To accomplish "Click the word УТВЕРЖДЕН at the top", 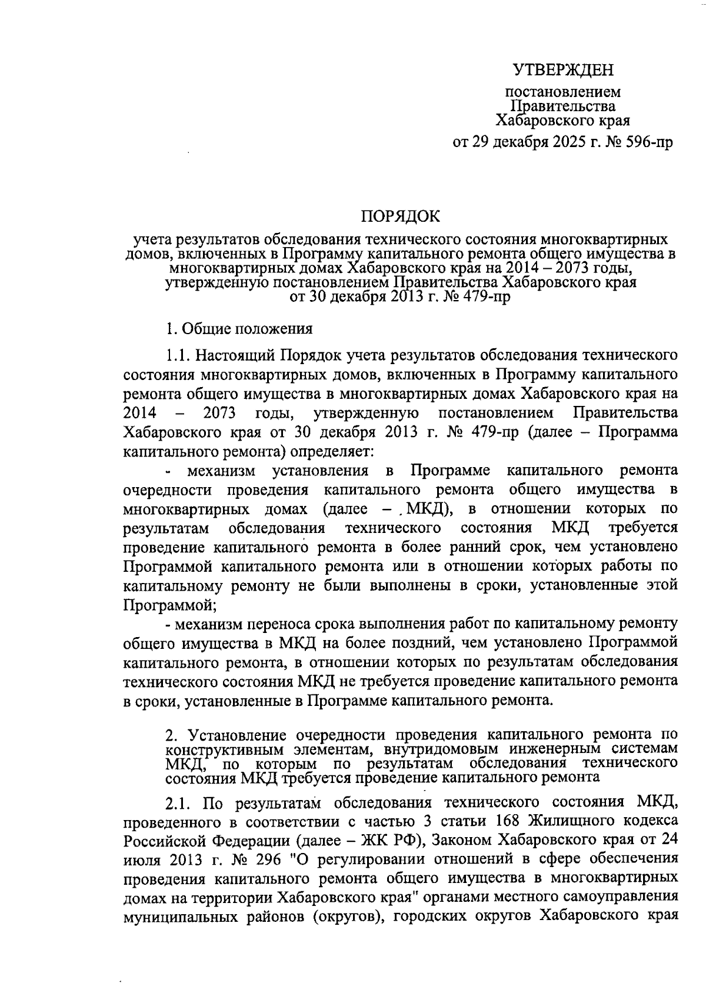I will click(x=563, y=71).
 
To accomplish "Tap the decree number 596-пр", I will click(x=647, y=142).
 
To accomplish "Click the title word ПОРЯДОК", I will click(x=400, y=216).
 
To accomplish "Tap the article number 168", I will click(x=509, y=820).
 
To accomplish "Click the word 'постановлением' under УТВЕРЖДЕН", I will click(x=563, y=92).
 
